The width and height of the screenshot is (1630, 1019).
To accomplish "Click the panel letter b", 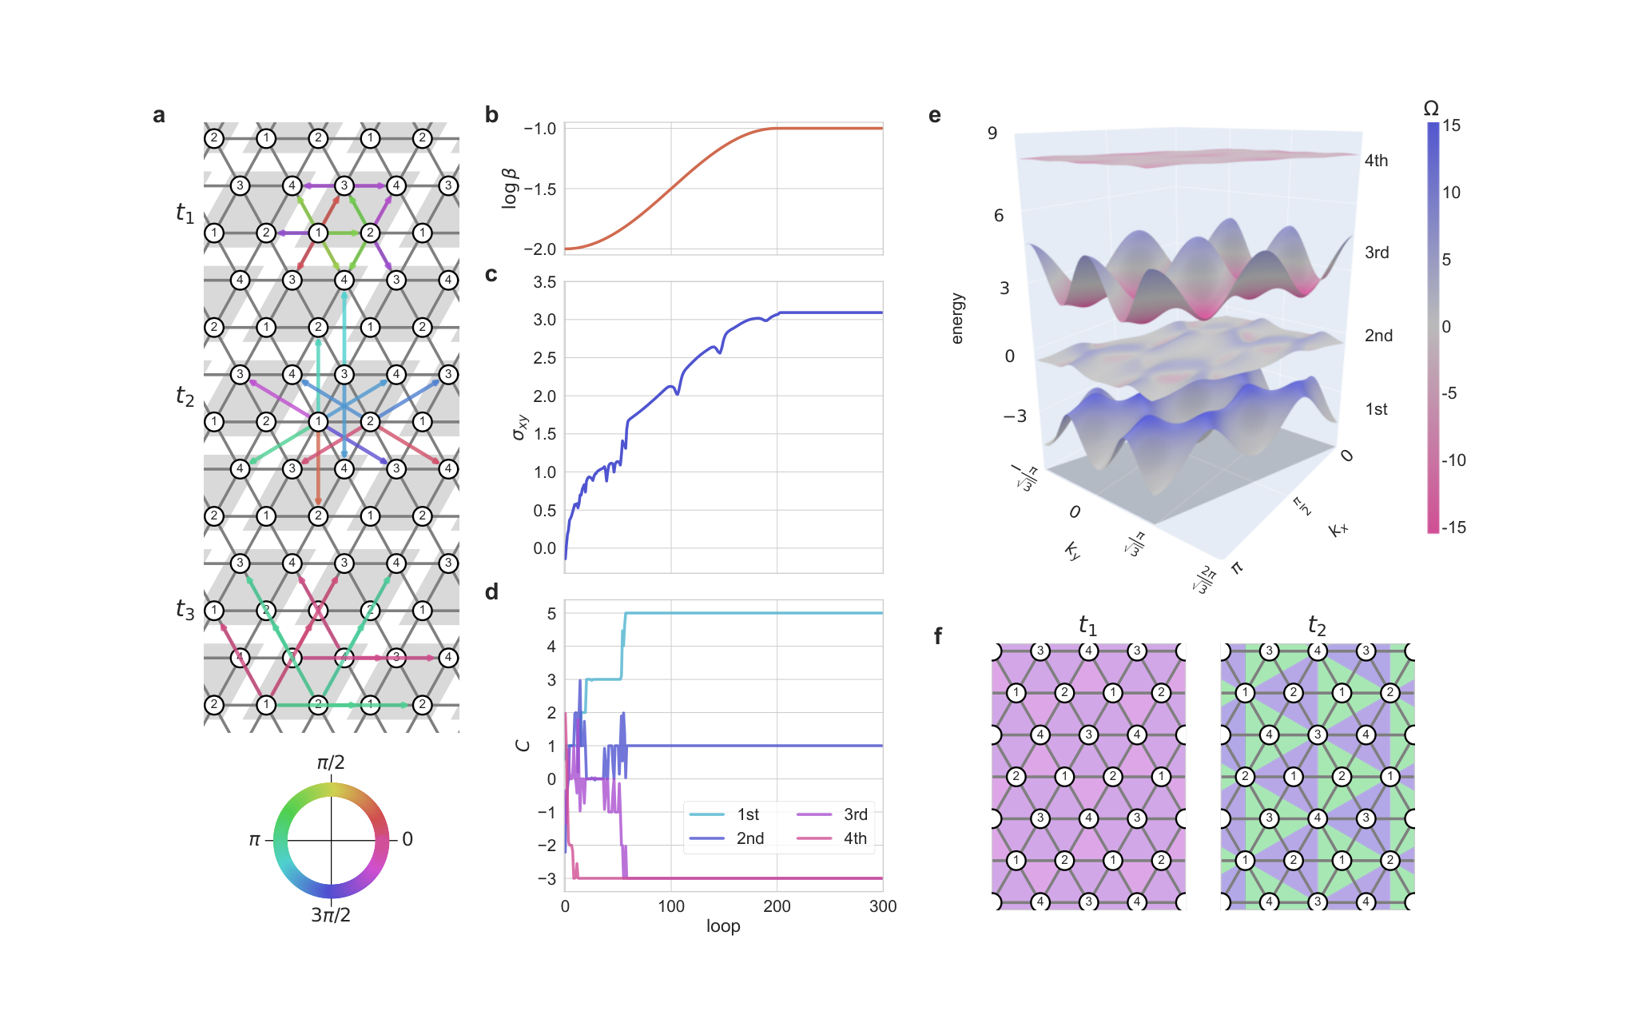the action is pos(491,115).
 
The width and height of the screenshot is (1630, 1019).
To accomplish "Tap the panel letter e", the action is pos(935,116).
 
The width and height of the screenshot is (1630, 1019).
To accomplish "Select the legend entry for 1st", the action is pos(724,814).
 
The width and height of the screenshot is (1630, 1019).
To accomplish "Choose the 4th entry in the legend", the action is pos(832,838).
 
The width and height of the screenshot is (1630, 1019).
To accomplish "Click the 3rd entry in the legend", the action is pos(832,814).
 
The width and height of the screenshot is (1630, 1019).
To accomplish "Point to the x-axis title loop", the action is pos(723,925).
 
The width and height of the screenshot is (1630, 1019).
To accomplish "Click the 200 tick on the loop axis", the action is pos(777,906).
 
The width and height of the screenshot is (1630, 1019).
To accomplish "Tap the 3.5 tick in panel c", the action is pos(545,282).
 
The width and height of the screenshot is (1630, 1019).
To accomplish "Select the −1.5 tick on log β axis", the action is pos(540,189).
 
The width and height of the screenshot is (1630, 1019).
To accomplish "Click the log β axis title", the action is pos(509,189).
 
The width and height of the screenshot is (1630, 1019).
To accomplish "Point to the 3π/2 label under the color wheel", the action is pos(331,914).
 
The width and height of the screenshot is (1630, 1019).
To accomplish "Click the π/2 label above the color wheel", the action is pos(331,762).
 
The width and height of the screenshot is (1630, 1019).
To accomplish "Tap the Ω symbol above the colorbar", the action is pos(1431,109).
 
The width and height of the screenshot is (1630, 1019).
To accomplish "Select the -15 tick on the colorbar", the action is pos(1454,527).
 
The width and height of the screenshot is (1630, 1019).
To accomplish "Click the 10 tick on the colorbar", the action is pos(1452,193).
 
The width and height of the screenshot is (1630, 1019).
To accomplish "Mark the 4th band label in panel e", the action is pos(1376,161).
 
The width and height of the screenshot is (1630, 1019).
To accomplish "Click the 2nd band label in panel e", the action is pos(1378,336).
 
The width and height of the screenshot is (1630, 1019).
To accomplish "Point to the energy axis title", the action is pos(957,318).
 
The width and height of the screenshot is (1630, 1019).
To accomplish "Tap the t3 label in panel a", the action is pos(185,610).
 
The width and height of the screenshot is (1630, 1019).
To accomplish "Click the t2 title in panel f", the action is pos(1317,625).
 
